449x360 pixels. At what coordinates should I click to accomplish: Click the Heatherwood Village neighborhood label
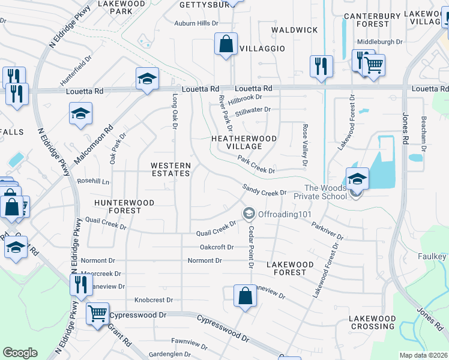click(244, 142)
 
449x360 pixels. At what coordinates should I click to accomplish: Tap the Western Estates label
click(170, 169)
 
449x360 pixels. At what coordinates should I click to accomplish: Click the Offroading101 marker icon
click(248, 214)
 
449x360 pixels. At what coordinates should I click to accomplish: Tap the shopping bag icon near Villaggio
click(226, 44)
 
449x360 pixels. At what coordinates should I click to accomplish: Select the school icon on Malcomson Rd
click(80, 114)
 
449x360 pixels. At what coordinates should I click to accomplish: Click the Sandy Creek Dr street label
click(265, 190)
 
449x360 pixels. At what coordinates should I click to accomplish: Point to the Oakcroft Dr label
click(216, 247)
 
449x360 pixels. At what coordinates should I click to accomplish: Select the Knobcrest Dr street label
click(154, 300)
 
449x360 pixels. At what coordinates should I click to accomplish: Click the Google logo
click(20, 353)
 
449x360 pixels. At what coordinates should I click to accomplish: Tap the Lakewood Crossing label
click(373, 322)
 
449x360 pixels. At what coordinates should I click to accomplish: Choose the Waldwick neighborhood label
click(294, 29)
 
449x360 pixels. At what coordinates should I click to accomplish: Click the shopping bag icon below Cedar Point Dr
click(245, 296)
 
